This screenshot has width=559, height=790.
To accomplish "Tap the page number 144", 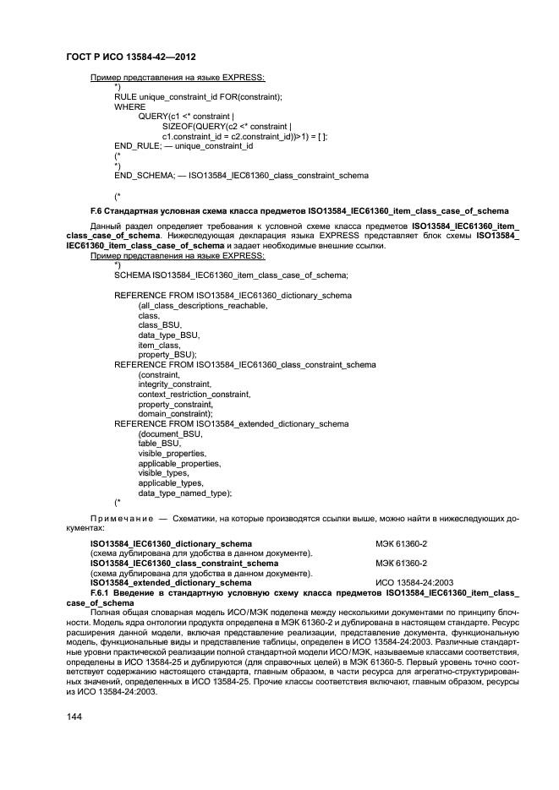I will [74, 716].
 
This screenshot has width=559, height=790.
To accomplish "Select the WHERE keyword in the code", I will [129, 107].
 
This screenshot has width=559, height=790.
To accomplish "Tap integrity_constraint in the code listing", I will [175, 384].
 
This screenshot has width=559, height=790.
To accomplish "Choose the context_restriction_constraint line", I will [195, 394].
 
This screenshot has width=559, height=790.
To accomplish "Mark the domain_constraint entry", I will [174, 413].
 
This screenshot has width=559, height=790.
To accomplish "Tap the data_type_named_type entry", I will [185, 493].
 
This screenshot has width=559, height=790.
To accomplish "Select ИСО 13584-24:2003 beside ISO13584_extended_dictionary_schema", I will [411, 583].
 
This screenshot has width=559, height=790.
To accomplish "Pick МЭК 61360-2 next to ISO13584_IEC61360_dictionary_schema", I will [402, 543].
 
